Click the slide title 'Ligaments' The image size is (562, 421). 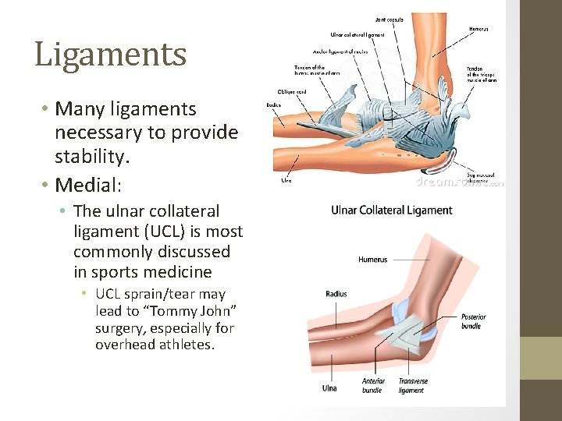tap(111, 55)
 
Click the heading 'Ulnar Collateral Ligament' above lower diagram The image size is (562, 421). tap(392, 210)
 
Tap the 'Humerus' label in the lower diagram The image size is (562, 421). tap(372, 260)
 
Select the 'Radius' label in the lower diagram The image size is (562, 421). tap(336, 294)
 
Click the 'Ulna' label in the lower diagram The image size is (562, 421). tap(329, 387)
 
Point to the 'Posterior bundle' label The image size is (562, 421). tap(473, 320)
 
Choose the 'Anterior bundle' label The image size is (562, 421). tap(373, 385)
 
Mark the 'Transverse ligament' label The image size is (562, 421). tap(413, 385)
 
